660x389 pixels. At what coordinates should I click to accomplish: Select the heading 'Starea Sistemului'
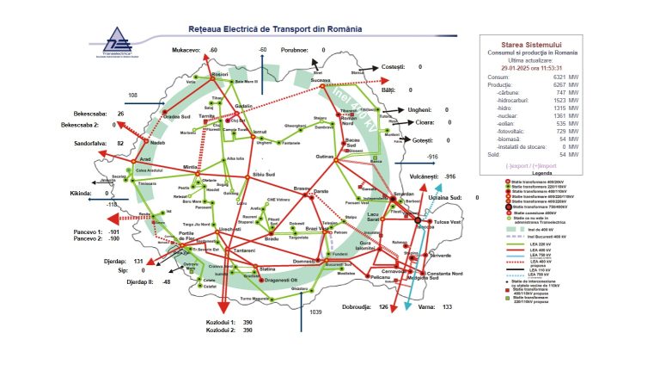[531, 44]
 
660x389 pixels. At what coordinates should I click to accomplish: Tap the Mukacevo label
[186, 51]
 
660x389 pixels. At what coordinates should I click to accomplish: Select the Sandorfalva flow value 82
[121, 143]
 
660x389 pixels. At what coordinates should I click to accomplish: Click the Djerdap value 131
[137, 261]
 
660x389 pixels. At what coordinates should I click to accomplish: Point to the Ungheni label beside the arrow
[420, 110]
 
